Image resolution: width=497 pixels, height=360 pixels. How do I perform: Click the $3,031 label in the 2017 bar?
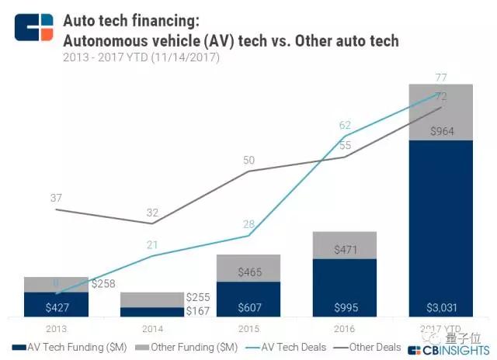[x=441, y=306]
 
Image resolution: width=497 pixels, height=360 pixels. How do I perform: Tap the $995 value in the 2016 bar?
[x=345, y=306]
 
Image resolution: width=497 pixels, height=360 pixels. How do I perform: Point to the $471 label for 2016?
[x=345, y=250]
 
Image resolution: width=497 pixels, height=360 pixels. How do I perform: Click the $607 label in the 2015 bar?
[x=248, y=306]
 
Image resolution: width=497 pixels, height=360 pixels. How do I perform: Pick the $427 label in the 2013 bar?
[x=56, y=306]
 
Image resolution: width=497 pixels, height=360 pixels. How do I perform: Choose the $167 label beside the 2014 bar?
[x=199, y=311]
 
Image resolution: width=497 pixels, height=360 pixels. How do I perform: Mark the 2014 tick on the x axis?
[x=152, y=329]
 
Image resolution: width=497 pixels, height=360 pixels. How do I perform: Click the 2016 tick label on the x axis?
[x=345, y=329]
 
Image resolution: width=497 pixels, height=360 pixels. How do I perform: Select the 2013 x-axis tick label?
[x=56, y=329]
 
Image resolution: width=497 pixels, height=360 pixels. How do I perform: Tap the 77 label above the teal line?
[x=442, y=77]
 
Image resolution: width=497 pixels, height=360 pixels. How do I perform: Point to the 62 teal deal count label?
[x=346, y=123]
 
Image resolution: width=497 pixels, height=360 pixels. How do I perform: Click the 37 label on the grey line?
[x=56, y=198]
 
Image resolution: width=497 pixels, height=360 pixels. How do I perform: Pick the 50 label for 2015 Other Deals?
[x=248, y=160]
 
